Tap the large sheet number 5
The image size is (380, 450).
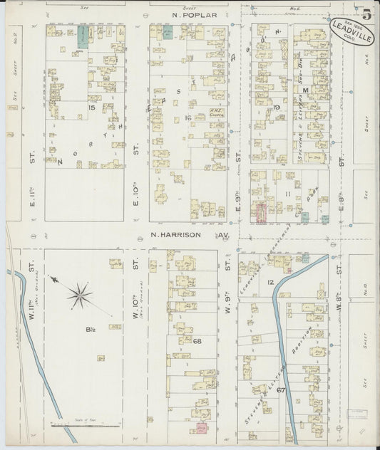(366, 13)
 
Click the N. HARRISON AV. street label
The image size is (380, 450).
(189, 234)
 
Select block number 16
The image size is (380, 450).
(188, 117)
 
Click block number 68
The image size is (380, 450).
(197, 342)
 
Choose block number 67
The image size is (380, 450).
(280, 389)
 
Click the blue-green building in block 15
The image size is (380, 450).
(83, 38)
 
